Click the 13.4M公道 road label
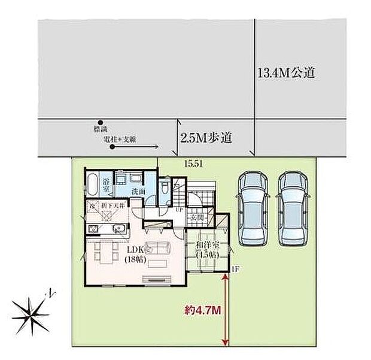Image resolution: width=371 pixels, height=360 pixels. point(285,74)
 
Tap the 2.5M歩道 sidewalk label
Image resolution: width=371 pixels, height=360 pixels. point(206,137)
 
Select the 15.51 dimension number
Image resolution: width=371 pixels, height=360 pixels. point(191,163)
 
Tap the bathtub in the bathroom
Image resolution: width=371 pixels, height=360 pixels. point(92,184)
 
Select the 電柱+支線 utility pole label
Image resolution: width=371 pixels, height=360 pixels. point(120,139)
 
